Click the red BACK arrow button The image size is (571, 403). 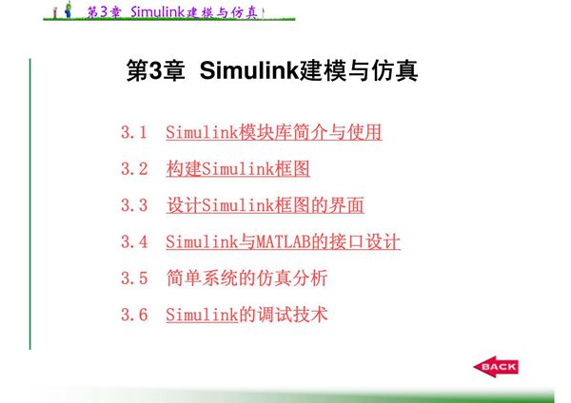[496, 367]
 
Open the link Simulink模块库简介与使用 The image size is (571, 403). [274, 132]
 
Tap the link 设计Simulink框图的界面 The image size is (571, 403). [266, 205]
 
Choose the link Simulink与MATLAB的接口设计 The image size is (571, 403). [283, 241]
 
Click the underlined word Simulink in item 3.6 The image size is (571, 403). [201, 315]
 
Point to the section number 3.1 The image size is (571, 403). [134, 132]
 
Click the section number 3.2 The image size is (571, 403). [134, 169]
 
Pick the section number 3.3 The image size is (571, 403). [134, 205]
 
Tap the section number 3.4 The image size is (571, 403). [134, 241]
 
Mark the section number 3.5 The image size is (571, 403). [134, 278]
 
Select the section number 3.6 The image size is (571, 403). [134, 315]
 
